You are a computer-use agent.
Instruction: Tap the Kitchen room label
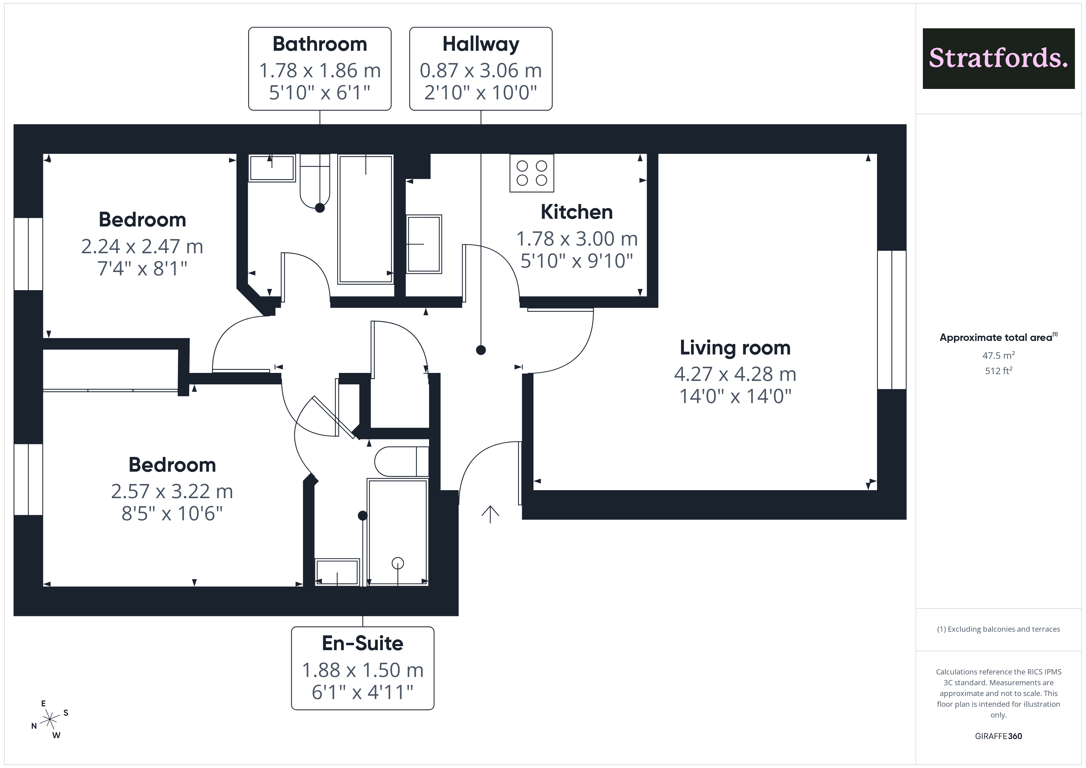tap(577, 212)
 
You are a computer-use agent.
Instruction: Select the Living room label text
tap(735, 348)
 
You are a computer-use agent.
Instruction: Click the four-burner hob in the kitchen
tap(532, 173)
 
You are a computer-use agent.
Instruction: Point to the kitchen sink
tap(424, 244)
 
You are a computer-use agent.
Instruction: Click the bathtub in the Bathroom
tap(365, 219)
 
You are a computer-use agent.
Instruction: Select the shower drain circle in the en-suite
tap(398, 563)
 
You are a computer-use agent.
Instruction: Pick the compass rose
tap(50, 720)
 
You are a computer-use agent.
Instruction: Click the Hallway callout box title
tap(481, 44)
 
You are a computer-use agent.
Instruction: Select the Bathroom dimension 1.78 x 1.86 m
tap(320, 70)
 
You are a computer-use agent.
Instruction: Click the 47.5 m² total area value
tap(999, 355)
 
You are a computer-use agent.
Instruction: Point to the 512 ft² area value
tap(999, 371)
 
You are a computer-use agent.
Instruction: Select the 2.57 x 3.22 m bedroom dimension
tap(172, 491)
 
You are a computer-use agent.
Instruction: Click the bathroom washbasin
tap(272, 168)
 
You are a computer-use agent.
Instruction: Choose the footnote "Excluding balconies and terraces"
tap(1004, 629)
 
